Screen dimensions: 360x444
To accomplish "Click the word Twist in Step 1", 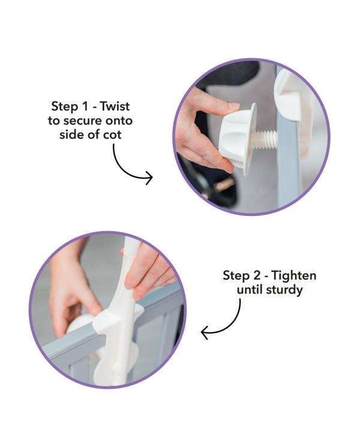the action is point(115,106).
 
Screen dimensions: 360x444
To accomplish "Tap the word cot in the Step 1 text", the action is point(112,134).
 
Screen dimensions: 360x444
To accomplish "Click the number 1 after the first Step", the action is point(85,106).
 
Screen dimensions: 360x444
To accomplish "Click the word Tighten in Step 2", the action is point(294,275).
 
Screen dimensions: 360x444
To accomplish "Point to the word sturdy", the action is point(284,290).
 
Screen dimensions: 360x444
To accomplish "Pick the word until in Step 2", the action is point(250,289).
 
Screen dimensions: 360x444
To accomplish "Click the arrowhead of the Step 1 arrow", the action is point(149,178).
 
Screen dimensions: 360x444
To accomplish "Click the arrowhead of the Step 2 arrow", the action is point(205,332).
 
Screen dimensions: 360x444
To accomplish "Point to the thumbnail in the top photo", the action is point(233,106).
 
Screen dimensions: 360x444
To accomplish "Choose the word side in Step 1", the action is point(71,134).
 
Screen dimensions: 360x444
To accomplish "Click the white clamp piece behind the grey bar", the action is point(290,96).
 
